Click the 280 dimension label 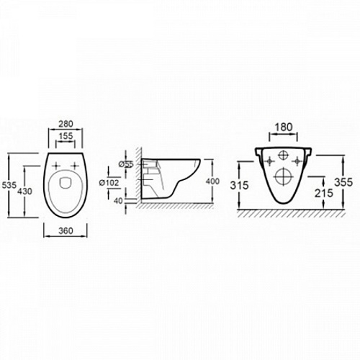(66, 124)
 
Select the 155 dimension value (66, 136)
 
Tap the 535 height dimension (9, 185)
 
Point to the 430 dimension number (25, 192)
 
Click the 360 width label (66, 230)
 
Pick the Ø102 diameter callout (109, 183)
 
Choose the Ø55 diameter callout (126, 164)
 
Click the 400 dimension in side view (212, 181)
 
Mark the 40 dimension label (118, 201)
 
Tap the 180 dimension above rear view (284, 127)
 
